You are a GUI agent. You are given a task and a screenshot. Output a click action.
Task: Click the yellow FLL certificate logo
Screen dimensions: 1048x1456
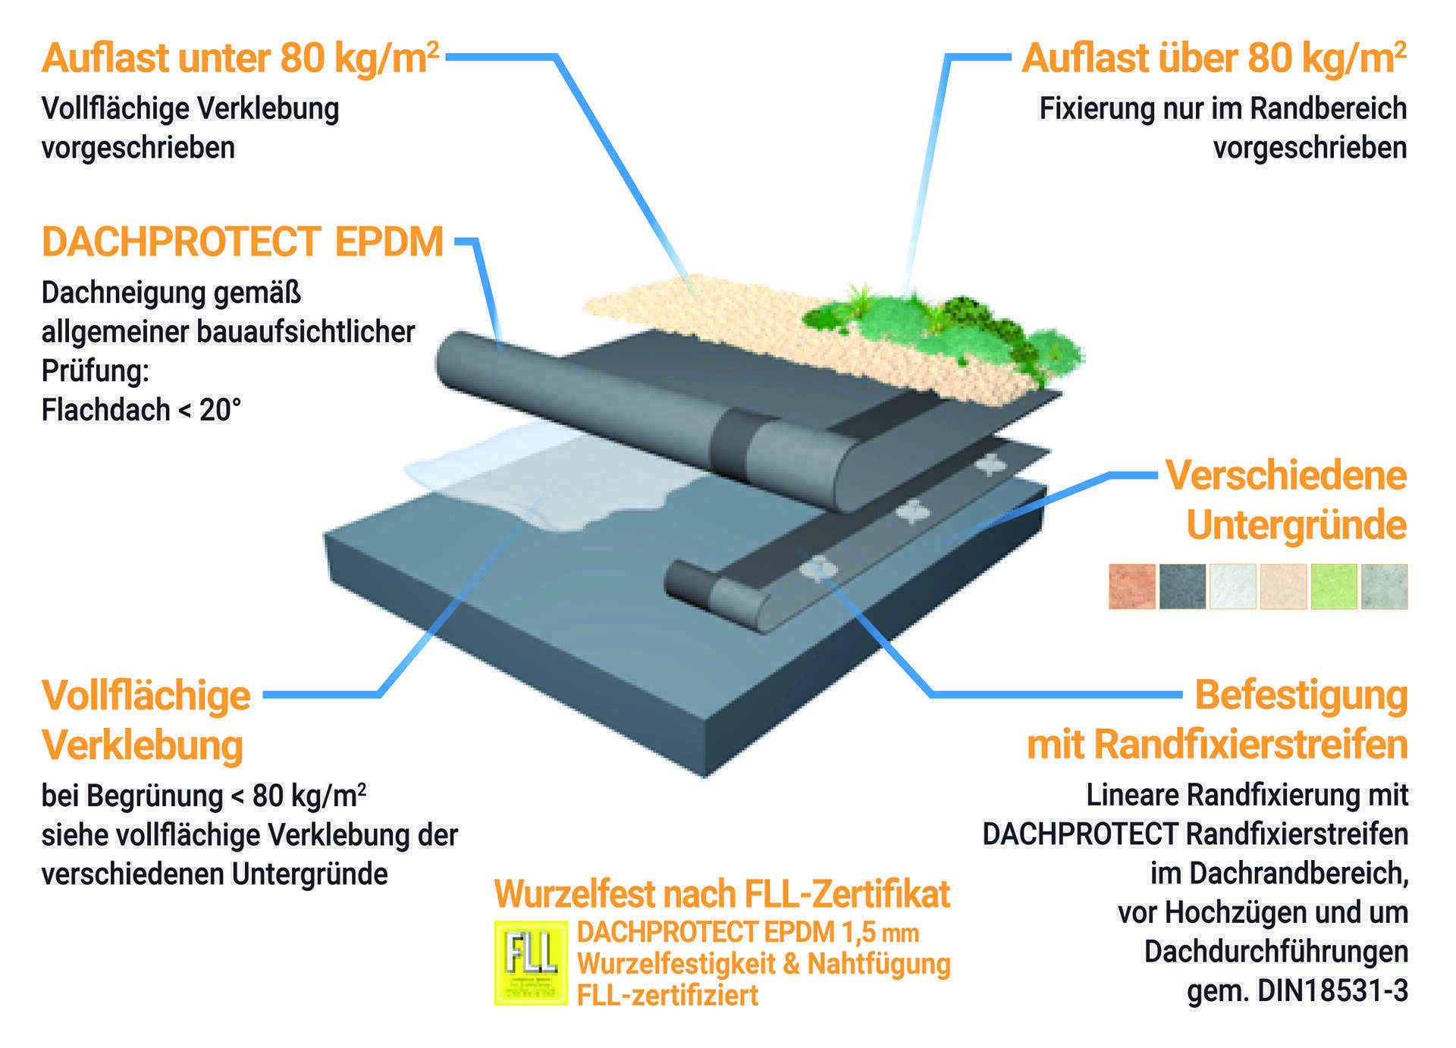click(530, 962)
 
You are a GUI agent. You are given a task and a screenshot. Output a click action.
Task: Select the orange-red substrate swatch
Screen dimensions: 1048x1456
click(1131, 586)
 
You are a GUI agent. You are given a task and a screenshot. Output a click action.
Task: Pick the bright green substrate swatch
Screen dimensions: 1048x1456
click(1333, 586)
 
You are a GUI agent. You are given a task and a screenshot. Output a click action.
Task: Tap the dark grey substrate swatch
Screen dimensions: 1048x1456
click(1181, 586)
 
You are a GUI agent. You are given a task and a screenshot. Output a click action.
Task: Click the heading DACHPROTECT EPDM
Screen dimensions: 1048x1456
click(243, 242)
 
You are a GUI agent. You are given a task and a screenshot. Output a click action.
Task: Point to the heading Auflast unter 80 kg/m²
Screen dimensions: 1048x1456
click(240, 58)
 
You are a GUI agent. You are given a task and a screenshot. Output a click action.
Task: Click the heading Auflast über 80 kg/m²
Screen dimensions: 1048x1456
click(1213, 58)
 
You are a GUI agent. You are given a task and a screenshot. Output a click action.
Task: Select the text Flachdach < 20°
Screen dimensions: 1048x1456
click(141, 410)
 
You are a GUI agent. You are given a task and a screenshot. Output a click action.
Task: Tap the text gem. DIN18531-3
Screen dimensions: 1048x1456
click(1298, 990)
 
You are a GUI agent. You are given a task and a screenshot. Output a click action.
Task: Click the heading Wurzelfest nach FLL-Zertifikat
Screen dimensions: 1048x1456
click(721, 894)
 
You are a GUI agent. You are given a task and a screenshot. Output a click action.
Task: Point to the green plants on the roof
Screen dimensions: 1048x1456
click(948, 326)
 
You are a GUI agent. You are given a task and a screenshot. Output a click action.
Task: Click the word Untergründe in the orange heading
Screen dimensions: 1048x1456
click(1296, 524)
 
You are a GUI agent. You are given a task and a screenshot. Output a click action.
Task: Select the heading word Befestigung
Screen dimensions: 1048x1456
click(1301, 695)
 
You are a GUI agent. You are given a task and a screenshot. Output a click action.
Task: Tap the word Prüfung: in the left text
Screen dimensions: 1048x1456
click(96, 371)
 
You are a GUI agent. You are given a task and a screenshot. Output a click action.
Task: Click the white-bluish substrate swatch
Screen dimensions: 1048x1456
click(1232, 586)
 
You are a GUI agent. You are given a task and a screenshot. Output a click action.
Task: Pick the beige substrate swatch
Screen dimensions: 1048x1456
click(1283, 586)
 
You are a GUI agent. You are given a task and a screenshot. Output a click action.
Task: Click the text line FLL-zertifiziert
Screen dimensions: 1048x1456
click(667, 995)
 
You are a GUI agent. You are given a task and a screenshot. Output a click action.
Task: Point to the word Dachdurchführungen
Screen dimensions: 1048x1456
click(1276, 951)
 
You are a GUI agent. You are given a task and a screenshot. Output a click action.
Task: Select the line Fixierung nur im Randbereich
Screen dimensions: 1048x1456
click(1222, 108)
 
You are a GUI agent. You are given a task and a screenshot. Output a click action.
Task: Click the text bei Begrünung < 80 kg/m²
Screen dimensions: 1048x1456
click(204, 796)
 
